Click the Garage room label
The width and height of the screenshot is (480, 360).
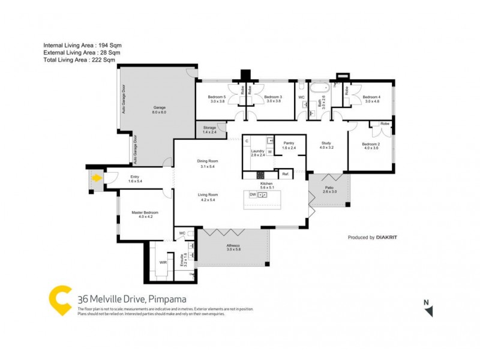tap(158, 108)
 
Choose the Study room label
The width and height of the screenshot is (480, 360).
tap(326, 143)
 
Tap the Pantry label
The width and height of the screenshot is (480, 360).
tap(289, 143)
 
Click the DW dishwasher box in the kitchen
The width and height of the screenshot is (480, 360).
tap(253, 195)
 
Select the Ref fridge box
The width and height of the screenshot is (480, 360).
tap(285, 174)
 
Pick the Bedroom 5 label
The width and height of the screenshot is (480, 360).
tap(217, 97)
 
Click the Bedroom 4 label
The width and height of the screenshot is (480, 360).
tap(371, 97)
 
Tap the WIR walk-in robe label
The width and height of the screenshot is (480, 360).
tap(163, 262)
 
